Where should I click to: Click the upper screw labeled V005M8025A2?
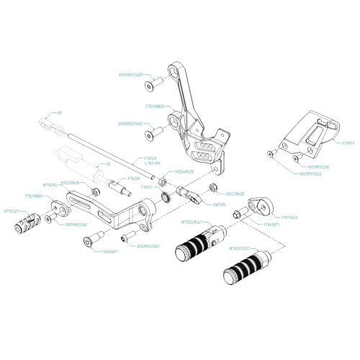[148, 87]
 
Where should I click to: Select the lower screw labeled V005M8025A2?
[152, 135]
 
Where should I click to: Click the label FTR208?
[133, 178]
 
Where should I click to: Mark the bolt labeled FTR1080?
[92, 244]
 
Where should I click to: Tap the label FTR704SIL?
[290, 216]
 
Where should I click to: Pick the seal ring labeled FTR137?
[164, 196]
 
